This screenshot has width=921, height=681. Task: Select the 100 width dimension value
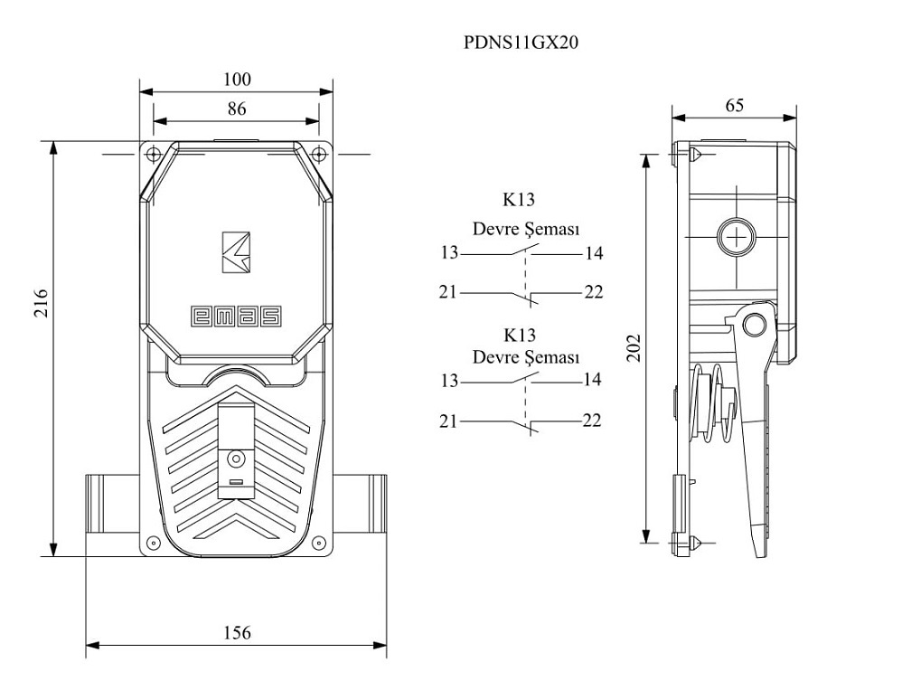[237, 80]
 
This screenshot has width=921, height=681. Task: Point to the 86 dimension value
[236, 109]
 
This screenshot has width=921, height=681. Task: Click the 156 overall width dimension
[237, 632]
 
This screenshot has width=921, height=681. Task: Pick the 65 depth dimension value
[734, 106]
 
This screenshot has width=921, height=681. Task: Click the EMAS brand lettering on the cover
[236, 316]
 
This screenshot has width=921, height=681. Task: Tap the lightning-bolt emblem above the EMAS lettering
[236, 251]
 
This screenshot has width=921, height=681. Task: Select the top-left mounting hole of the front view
[153, 153]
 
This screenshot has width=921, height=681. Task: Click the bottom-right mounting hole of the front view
[318, 543]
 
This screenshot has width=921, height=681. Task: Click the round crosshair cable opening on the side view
[738, 238]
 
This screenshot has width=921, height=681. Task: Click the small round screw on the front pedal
[237, 459]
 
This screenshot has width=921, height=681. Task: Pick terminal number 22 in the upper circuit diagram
[593, 292]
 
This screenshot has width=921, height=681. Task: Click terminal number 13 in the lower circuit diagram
[449, 381]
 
